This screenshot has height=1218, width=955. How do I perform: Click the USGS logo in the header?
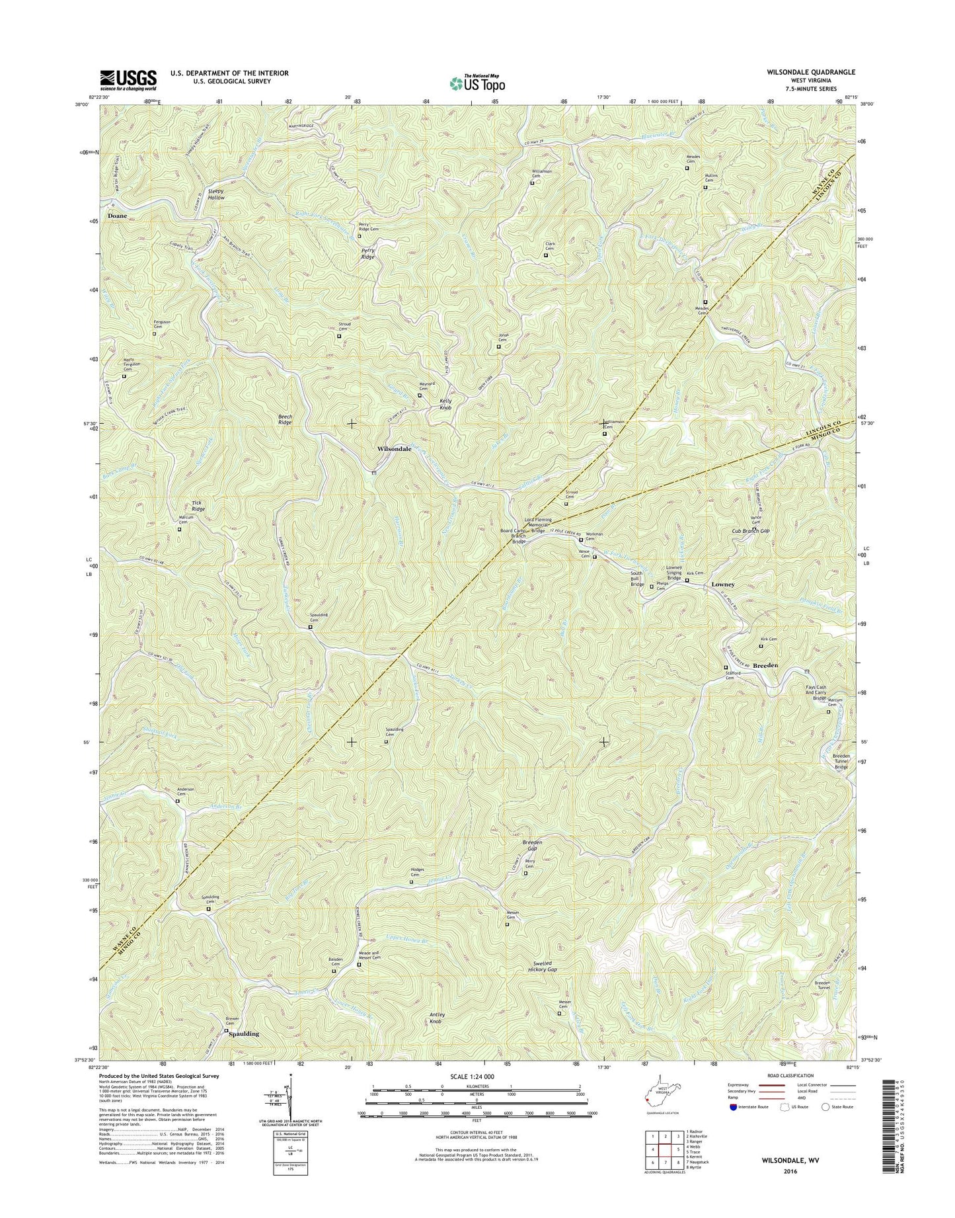pos(128,80)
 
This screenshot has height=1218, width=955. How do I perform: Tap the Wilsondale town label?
pos(394,449)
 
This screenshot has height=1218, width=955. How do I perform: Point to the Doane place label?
pos(117,216)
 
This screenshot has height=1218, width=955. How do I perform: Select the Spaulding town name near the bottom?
pos(243,1034)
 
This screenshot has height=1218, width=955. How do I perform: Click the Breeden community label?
pos(766,666)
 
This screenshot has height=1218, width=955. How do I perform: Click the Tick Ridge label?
pos(198,506)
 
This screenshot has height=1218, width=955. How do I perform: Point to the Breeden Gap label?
pos(532,846)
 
